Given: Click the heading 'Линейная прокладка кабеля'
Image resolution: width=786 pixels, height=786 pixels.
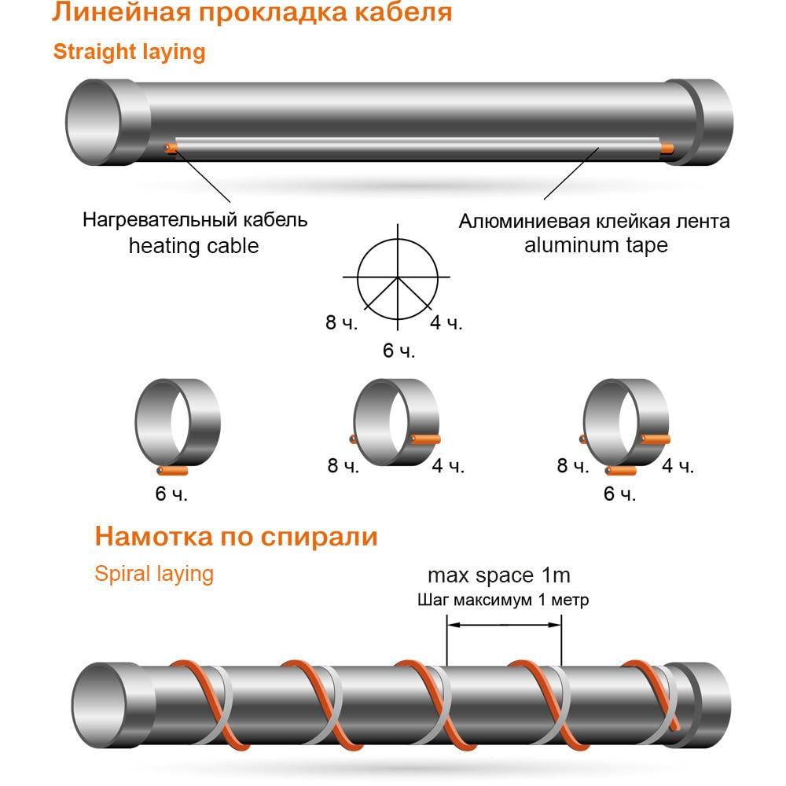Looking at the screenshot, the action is pos(252,12).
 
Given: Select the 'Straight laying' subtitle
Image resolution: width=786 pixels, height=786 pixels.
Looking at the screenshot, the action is pos(130,52).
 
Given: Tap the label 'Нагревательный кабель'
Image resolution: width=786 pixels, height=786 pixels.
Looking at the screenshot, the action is pos(195,219).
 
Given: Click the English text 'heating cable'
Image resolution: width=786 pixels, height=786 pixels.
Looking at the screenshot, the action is pos(194,245).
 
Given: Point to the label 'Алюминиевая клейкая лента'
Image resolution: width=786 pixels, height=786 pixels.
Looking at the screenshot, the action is pos(594,221).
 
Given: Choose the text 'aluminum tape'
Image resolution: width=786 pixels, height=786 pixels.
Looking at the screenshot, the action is pos(596,245).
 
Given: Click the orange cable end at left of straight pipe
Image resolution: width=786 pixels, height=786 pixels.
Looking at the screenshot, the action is pos(171,148).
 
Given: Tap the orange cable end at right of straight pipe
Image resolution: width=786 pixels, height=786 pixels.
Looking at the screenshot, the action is pos(667,149).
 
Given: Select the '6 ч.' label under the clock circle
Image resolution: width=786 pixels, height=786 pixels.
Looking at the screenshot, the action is pos(399,351).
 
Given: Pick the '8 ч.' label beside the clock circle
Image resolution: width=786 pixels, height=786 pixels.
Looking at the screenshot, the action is pos(341,322).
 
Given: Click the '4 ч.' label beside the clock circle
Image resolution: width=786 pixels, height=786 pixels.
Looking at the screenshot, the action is pos(446,323).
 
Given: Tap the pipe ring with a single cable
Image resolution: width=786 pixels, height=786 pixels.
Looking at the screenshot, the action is pos(178,426).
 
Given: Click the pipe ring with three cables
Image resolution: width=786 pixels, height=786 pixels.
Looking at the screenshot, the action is pos(626,426).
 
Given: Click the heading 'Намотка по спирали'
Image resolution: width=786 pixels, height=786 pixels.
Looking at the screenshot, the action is pos(236,536).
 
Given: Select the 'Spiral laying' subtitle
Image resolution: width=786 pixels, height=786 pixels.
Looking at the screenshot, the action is pos(154,574).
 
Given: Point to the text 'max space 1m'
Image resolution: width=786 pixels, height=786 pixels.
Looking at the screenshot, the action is pos(499,575).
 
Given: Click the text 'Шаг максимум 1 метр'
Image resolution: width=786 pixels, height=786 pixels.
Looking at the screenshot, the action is pos(503,600).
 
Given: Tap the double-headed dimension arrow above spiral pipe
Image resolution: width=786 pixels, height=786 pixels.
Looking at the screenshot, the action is pos(504,625).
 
